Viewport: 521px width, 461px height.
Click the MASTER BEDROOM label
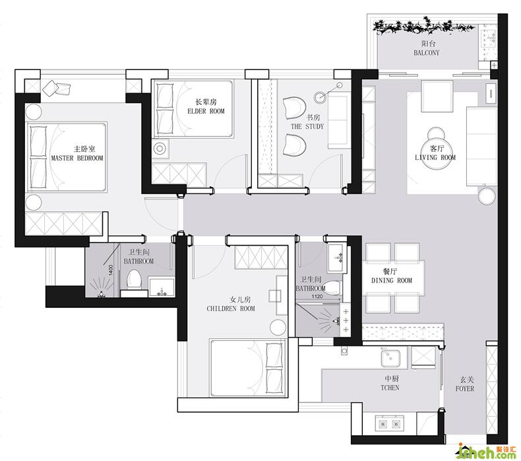(77, 158)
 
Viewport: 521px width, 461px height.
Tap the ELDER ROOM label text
(206, 111)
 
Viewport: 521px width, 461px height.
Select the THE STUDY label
(307, 127)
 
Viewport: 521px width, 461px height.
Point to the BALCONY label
(426, 53)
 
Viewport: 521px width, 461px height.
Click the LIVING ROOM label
(435, 157)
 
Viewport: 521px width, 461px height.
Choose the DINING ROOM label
(392, 281)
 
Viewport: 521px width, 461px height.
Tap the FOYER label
(465, 388)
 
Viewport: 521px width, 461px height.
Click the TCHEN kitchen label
(390, 388)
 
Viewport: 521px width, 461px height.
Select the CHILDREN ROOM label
(231, 308)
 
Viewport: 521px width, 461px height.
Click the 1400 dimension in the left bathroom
(111, 270)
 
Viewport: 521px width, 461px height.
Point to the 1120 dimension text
(317, 297)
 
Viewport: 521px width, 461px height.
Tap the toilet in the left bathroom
(135, 279)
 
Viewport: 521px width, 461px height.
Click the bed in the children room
(247, 368)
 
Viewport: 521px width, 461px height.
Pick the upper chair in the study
(294, 108)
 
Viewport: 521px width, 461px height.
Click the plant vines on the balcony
(422, 26)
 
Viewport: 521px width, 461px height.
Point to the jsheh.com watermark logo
(486, 451)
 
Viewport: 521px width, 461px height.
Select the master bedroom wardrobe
(63, 224)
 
